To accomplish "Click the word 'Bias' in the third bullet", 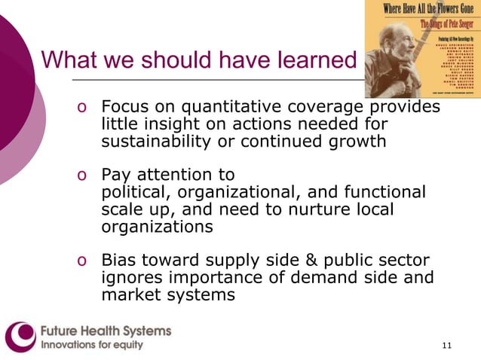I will coord(119,261).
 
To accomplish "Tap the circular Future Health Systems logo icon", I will coord(20,337).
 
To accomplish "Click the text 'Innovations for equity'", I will coord(91,345).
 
